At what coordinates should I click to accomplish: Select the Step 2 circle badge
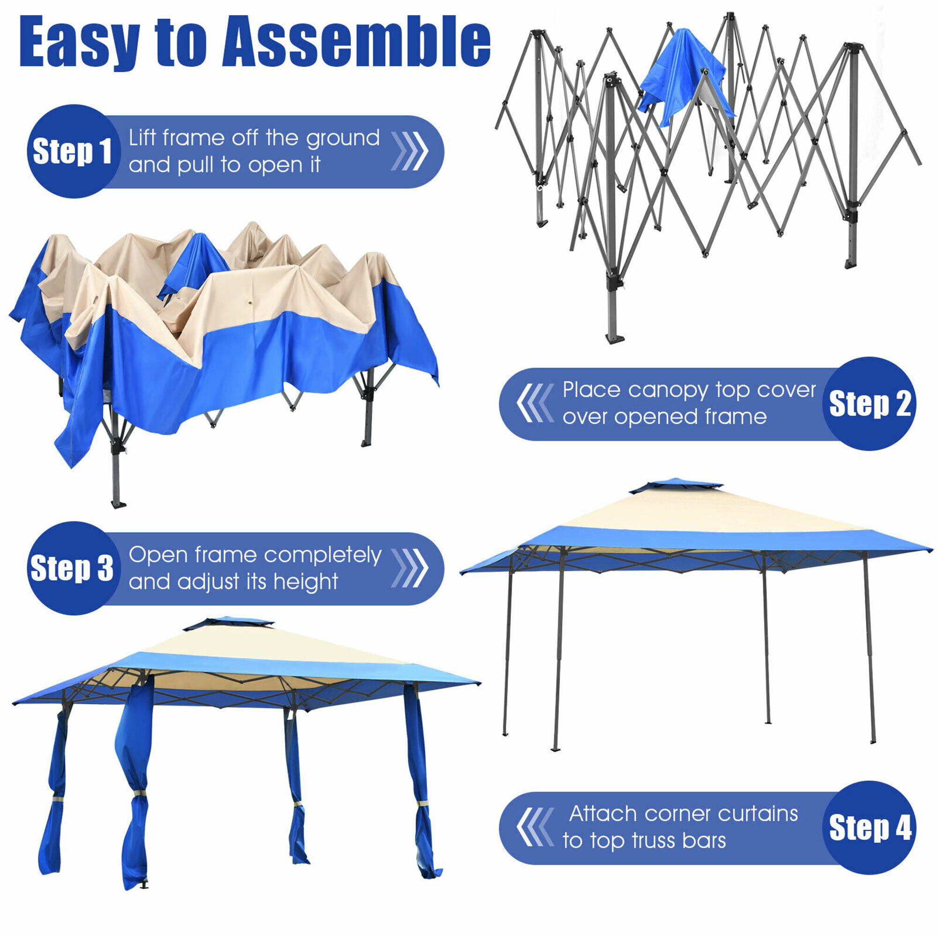(869, 403)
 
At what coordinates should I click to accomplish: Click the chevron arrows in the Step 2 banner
(535, 403)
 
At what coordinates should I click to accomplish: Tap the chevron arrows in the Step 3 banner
(410, 568)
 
